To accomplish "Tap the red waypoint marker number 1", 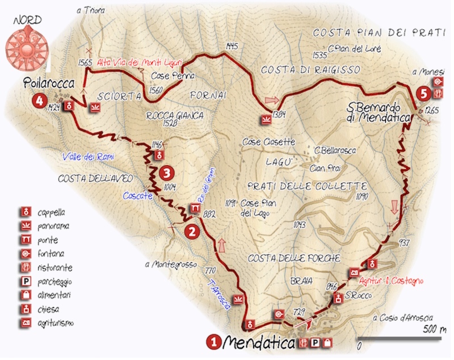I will pyautogui.click(x=214, y=342).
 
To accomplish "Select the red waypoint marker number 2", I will pyautogui.click(x=192, y=231).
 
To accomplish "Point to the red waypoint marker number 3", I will pyautogui.click(x=166, y=171).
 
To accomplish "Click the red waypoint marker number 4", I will pyautogui.click(x=39, y=102).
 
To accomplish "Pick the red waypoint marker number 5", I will pyautogui.click(x=421, y=92).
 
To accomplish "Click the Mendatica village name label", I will pyautogui.click(x=259, y=342).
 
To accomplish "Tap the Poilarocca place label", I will pyautogui.click(x=49, y=84).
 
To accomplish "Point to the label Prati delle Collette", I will pyautogui.click(x=306, y=187).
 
